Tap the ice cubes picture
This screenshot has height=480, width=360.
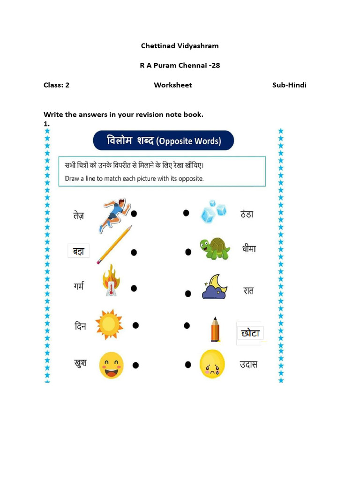213,212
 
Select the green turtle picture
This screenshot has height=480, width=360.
215,248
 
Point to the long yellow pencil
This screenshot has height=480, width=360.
114,245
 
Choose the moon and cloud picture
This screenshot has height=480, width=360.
214,287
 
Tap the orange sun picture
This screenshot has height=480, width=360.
109,324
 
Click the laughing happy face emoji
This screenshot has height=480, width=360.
112,365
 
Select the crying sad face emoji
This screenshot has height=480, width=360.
212,364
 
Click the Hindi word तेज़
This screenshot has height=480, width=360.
78,215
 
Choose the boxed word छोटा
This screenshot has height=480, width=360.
250,333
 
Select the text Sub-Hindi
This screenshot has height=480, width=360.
289,85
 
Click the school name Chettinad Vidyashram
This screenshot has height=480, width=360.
180,46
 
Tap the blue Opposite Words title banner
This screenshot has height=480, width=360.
163,141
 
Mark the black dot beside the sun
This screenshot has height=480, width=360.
135,325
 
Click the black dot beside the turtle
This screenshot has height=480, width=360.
188,252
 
